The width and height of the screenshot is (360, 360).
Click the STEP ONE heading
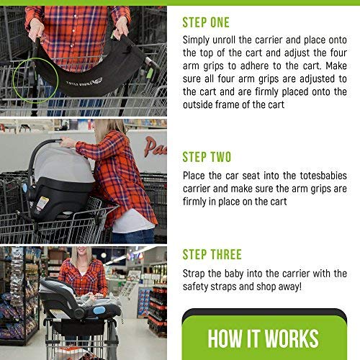(x=206, y=22)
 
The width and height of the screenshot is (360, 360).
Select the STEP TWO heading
(x=207, y=157)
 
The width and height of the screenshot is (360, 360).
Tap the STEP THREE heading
(x=212, y=254)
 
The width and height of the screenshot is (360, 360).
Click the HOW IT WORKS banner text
(x=264, y=338)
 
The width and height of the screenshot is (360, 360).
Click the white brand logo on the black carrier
(x=84, y=81)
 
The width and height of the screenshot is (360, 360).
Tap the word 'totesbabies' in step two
(x=323, y=176)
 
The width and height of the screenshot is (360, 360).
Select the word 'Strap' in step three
(x=193, y=274)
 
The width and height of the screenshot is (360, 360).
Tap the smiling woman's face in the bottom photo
(x=81, y=255)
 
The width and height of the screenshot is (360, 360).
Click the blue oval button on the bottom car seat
(x=100, y=310)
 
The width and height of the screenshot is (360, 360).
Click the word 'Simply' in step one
(x=196, y=40)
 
